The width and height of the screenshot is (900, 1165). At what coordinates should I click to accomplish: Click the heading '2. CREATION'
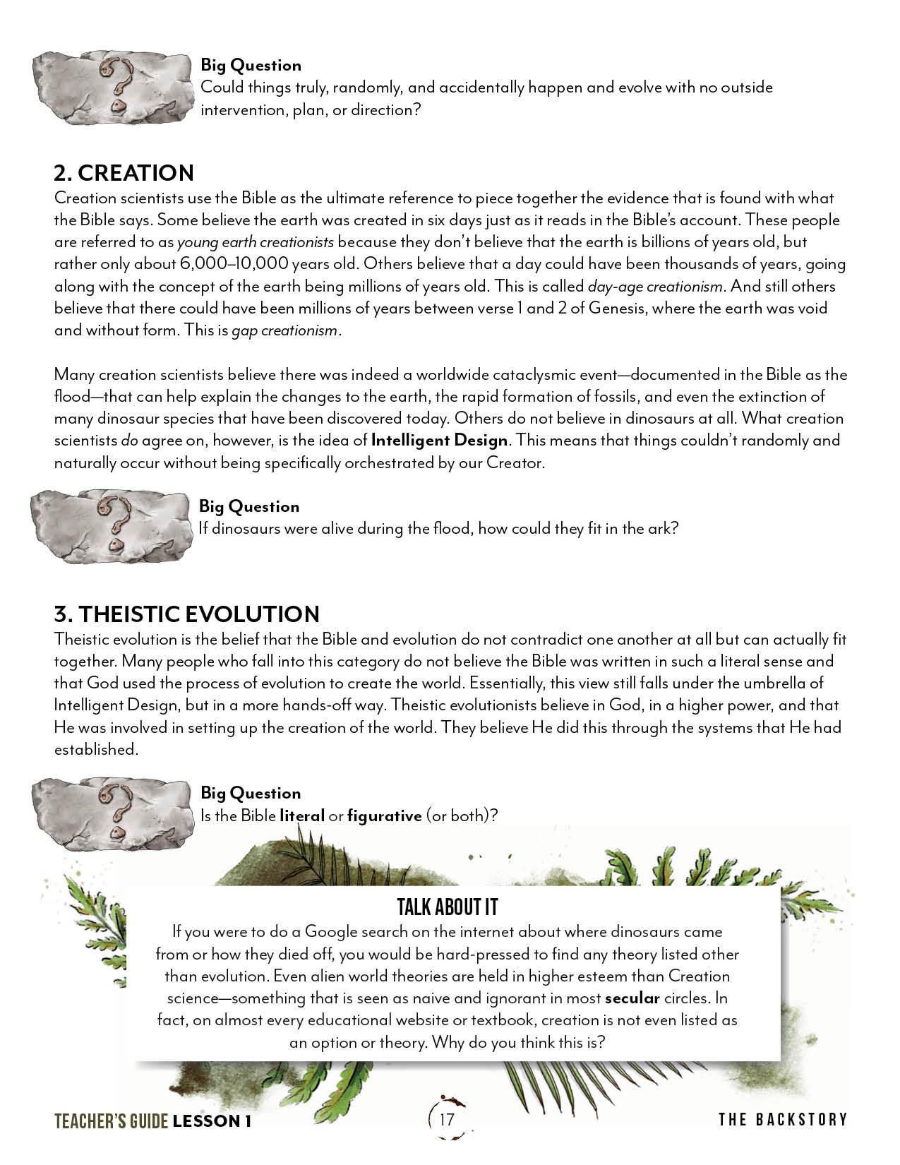[124, 174]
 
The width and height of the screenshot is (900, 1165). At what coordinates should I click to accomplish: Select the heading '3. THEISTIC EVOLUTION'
[186, 614]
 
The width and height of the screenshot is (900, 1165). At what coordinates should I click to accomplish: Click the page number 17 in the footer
[446, 1120]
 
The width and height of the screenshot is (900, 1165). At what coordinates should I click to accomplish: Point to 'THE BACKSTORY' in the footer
[783, 1120]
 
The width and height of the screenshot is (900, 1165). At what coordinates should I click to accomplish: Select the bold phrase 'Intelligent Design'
[439, 441]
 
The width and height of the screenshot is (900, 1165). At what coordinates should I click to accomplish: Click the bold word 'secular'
[632, 998]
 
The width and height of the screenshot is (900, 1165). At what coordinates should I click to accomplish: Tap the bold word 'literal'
[302, 815]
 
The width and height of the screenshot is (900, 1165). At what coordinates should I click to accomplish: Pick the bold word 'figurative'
[384, 815]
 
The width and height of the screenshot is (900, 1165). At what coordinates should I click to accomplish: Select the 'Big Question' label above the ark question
[249, 506]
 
